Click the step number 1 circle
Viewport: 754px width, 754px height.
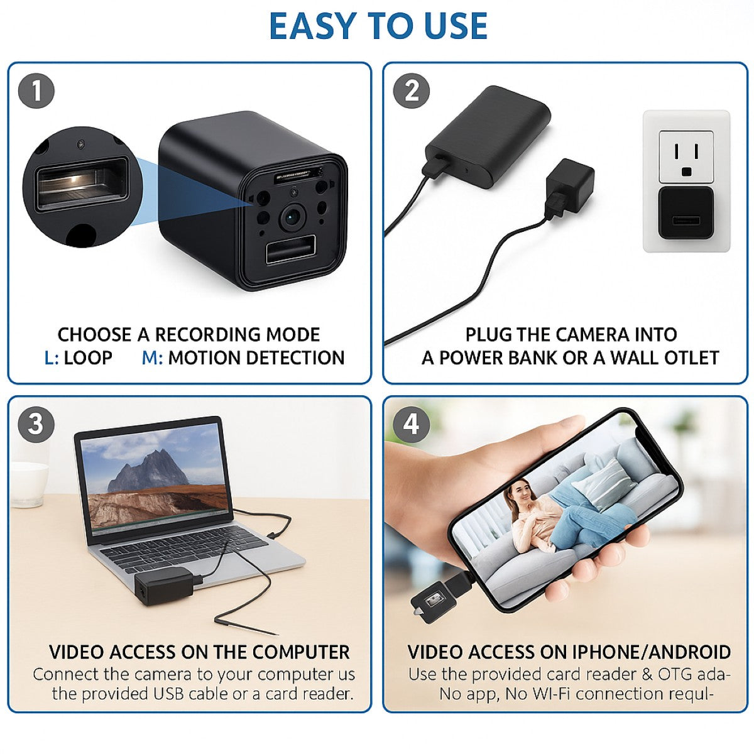coord(36,91)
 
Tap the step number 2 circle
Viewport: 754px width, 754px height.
coord(412,91)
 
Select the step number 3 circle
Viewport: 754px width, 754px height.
coord(36,424)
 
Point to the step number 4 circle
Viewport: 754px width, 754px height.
coord(411,424)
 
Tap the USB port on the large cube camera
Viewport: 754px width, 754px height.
coord(290,251)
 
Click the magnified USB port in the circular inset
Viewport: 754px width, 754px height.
coord(82,184)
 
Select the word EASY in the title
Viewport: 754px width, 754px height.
coord(314,26)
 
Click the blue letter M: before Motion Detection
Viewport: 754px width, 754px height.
coord(152,358)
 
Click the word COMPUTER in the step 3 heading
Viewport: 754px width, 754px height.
coord(301,652)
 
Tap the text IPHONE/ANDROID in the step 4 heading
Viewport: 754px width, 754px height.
coord(651,652)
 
